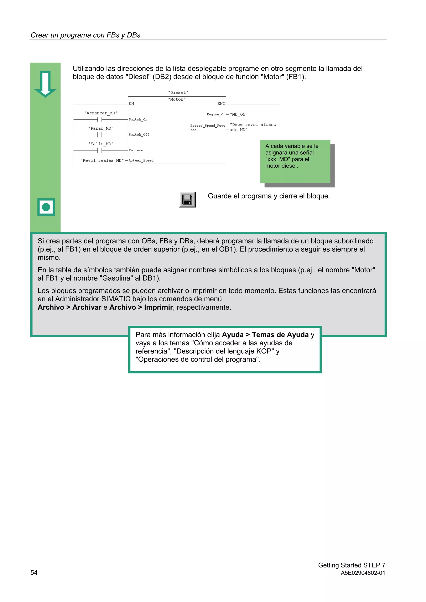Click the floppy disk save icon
pyautogui.click(x=187, y=199)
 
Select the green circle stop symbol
pyautogui.click(x=46, y=207)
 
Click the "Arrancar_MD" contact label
pyautogui.click(x=101, y=113)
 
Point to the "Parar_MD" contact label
pyautogui.click(x=101, y=128)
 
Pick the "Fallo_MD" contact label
pyautogui.click(x=101, y=144)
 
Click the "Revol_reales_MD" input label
pyautogui.click(x=102, y=160)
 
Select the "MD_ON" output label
pyautogui.click(x=239, y=114)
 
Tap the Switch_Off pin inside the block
pyautogui.click(x=139, y=134)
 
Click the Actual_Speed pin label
pyautogui.click(x=141, y=160)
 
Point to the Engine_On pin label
pyautogui.click(x=216, y=114)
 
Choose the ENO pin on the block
pyautogui.click(x=221, y=103)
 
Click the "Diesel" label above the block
pyautogui.click(x=178, y=92)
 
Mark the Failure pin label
pyautogui.click(x=136, y=150)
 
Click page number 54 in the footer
pyautogui.click(x=34, y=572)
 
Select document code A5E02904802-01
pyautogui.click(x=363, y=573)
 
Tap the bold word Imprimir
pyautogui.click(x=158, y=307)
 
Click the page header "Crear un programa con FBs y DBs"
pyautogui.click(x=85, y=35)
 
